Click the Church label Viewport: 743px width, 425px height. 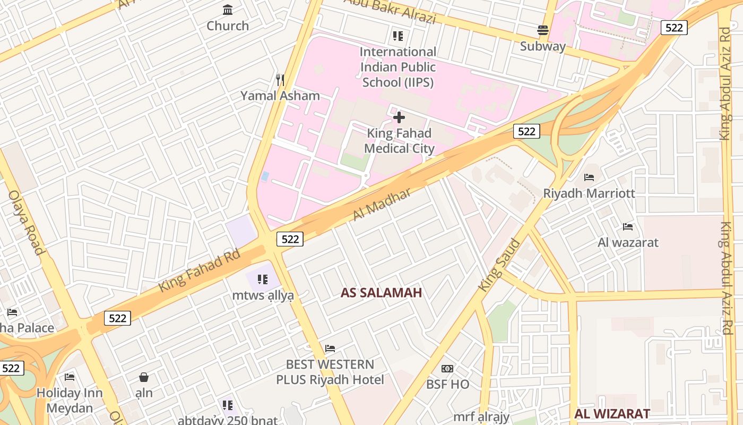pos(228,25)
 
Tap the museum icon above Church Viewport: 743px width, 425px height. pos(228,10)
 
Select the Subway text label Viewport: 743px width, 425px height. pos(542,46)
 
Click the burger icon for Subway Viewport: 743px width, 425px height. pos(542,30)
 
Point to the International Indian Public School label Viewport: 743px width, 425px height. pos(398,67)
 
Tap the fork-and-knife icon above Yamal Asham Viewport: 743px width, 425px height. pos(280,80)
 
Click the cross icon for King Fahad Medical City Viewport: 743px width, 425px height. pos(399,117)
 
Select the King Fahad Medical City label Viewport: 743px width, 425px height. pos(399,141)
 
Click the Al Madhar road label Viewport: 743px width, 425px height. pos(382,205)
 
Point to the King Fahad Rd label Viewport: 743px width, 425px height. pos(200,271)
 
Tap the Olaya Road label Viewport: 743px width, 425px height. pos(25,222)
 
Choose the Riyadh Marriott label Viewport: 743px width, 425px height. pos(589,193)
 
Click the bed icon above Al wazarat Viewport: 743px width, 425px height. pos(628,227)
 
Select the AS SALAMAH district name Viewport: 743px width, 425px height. pos(381,293)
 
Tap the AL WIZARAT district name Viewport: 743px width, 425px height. pos(612,414)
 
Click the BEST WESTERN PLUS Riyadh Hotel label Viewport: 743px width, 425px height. pos(330,372)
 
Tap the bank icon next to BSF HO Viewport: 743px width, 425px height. pos(447,369)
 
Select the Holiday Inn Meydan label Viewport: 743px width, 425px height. pos(70,401)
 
